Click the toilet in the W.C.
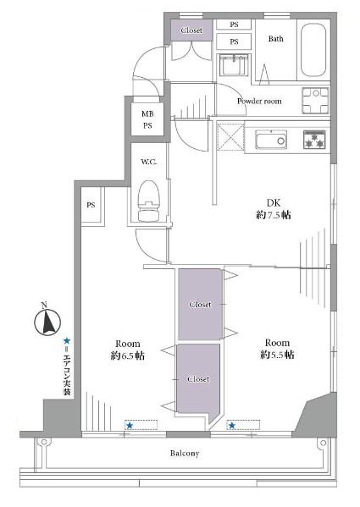[149, 201]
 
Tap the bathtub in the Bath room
[313, 51]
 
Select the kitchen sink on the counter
[271, 140]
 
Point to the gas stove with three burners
[314, 140]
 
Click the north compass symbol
[47, 322]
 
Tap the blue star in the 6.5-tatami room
[130, 426]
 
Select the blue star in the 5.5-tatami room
[231, 426]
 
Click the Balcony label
[185, 454]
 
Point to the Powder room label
[259, 102]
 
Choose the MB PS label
[147, 119]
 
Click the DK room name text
[274, 203]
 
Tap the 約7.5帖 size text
[274, 215]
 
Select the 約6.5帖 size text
[127, 355]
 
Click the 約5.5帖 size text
[277, 355]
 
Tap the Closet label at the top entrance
[191, 30]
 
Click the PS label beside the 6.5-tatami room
[91, 205]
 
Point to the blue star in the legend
[67, 340]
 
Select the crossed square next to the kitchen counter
[230, 137]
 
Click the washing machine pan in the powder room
[316, 101]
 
